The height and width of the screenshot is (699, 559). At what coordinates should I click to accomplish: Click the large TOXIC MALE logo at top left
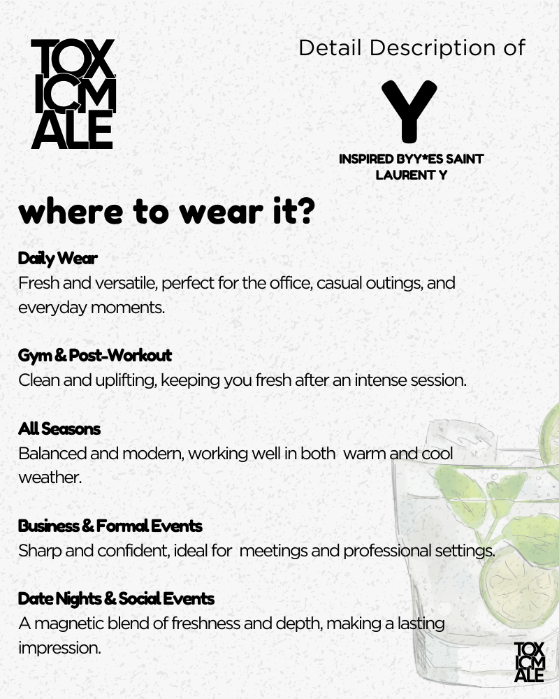73,94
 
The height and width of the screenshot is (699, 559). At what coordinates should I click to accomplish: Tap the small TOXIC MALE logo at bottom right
529,661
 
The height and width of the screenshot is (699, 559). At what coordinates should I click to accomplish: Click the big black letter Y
409,110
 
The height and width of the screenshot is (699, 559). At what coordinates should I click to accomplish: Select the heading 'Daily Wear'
58,259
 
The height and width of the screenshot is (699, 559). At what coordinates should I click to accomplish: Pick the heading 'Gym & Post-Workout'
95,356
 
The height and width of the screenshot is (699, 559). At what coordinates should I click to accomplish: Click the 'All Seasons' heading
59,428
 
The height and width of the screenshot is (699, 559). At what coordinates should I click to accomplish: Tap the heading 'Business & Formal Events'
110,525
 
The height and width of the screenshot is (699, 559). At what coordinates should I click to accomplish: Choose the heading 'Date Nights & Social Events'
116,598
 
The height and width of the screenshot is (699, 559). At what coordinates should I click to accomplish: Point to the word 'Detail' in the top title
330,48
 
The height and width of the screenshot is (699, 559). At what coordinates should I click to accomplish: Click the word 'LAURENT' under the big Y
402,175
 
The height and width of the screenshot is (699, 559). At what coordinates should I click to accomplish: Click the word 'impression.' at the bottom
60,647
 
